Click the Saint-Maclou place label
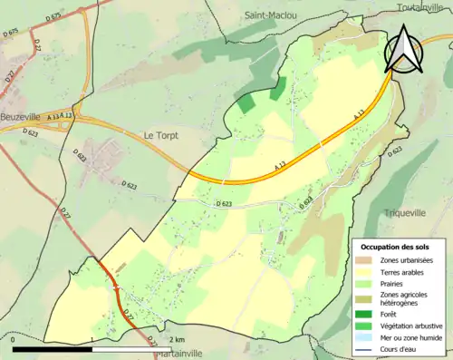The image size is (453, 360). point(271,15)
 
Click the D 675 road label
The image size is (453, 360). point(12,32)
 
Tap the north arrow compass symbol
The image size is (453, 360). point(404,49)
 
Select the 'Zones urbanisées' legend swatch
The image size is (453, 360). point(366,259)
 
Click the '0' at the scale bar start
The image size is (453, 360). point(14,340)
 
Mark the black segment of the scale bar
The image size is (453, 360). point(53,349)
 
